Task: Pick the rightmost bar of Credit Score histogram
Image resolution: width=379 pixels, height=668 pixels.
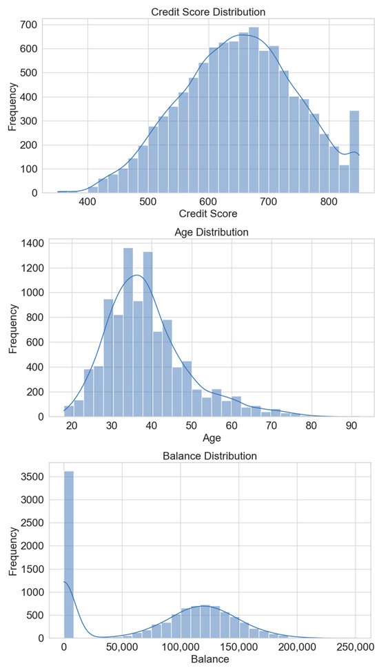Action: pos(354,152)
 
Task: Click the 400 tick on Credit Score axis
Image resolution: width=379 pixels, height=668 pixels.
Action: pos(88,202)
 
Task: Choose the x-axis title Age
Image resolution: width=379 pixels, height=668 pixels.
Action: pos(213,437)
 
